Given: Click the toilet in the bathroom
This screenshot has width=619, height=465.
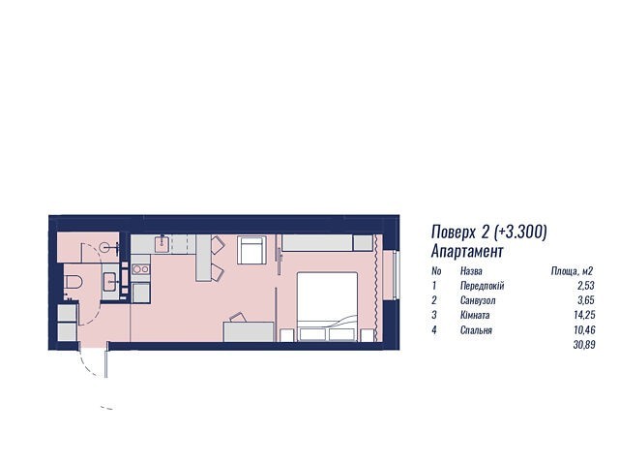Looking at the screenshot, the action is click(74, 282).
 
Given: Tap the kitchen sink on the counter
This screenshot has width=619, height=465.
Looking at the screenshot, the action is click(162, 243).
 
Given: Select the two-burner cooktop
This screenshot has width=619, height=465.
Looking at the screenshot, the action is click(140, 269).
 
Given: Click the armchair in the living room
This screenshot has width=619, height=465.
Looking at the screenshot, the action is click(251, 250).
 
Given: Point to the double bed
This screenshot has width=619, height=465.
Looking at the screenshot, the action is click(327, 306).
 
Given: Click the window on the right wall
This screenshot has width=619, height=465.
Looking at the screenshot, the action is click(397, 275).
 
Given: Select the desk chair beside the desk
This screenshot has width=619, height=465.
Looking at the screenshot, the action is click(238, 317).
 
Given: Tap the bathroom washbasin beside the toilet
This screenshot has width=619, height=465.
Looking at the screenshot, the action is click(110, 282).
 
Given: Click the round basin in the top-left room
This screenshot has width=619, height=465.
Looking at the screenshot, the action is click(105, 248).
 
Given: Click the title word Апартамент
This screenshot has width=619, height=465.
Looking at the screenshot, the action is click(467, 251).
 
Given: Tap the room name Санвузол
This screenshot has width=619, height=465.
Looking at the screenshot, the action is click(478, 300).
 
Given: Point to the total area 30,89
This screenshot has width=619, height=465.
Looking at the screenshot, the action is click(584, 345).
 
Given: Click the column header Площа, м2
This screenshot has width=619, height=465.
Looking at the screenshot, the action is click(572, 271).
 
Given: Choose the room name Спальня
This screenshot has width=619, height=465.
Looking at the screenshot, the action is click(476, 330).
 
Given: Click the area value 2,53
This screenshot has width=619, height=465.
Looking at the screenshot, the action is click(586, 286).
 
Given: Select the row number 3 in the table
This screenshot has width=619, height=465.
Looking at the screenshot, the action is click(434, 315).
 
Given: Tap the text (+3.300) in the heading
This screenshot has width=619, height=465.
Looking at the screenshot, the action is click(520, 232).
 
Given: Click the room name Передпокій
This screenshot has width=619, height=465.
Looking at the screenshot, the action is click(482, 286).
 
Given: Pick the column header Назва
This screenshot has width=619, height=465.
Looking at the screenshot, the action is click(471, 271).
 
